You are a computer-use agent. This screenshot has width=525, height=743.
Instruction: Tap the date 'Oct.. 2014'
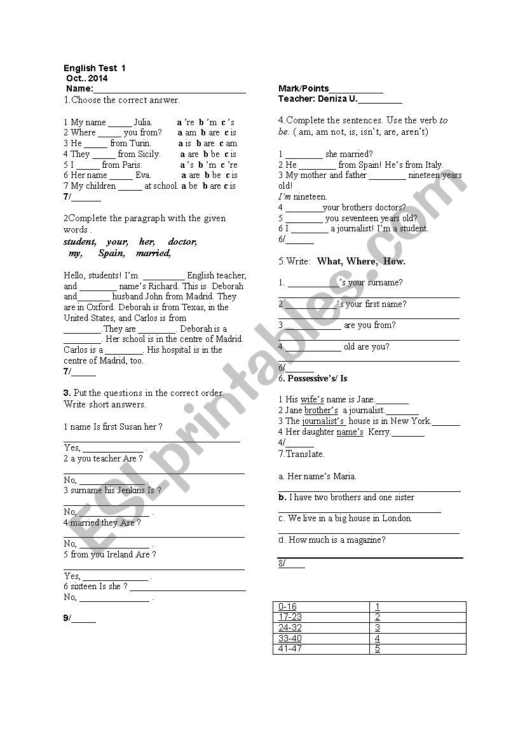(87, 78)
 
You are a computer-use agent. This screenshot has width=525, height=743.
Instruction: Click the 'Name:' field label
(79, 89)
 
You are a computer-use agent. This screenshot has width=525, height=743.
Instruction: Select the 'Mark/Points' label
(304, 89)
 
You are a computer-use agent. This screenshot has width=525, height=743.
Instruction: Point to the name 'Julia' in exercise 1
(143, 122)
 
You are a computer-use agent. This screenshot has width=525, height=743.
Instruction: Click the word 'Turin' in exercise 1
(140, 143)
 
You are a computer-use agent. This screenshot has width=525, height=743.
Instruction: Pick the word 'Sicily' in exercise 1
(149, 154)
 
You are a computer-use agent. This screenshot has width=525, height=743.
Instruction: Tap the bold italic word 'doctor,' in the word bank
(182, 242)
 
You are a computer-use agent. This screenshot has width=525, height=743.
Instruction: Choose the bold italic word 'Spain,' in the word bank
(112, 253)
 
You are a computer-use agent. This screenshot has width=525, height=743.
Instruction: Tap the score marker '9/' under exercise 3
(67, 618)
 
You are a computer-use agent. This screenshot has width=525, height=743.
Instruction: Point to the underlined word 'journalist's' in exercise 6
(323, 421)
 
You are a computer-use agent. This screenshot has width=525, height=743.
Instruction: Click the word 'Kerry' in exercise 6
(379, 432)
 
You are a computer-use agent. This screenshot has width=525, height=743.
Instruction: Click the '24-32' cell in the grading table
(290, 627)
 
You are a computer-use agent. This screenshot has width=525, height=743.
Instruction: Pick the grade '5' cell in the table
(378, 649)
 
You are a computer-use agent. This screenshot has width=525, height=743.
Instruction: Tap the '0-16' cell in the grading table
(287, 606)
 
